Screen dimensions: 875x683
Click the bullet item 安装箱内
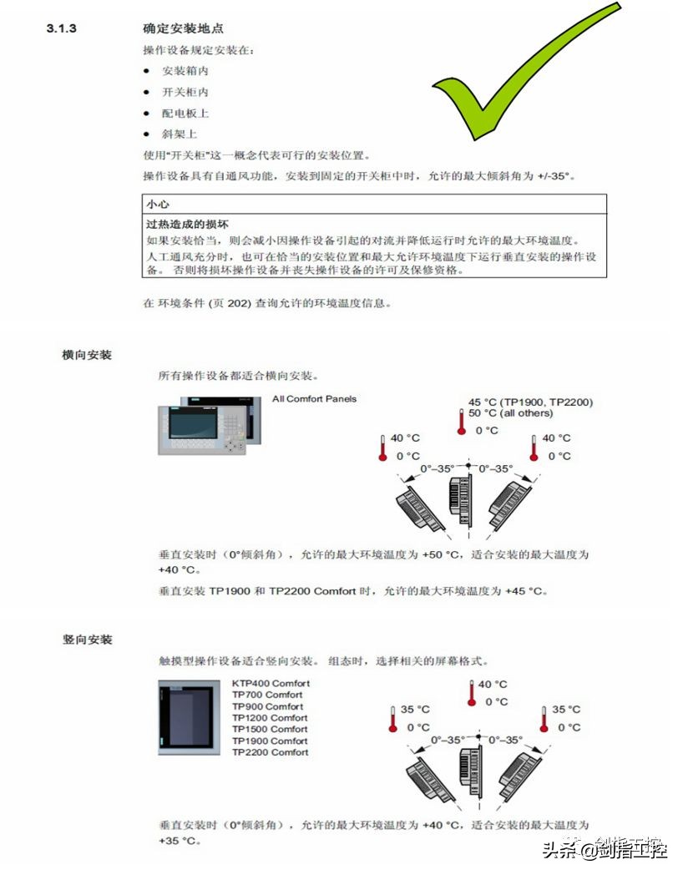[185, 71]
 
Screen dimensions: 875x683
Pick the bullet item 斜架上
[180, 134]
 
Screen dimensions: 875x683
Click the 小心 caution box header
[159, 204]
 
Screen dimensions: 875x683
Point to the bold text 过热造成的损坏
[188, 224]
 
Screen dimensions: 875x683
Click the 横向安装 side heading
[87, 355]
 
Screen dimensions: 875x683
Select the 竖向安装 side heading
[87, 640]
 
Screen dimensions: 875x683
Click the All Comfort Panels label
[314, 399]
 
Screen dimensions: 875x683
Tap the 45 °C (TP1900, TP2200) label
[530, 402]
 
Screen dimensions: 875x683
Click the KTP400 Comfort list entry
[271, 683]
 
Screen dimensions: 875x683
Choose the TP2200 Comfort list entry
[270, 752]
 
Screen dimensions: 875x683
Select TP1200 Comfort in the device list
[270, 717]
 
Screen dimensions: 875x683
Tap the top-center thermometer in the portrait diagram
[472, 693]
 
